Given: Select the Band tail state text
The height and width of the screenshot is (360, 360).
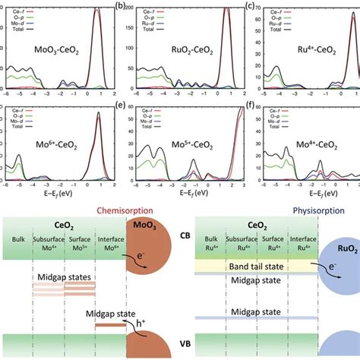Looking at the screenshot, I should [251, 267].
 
